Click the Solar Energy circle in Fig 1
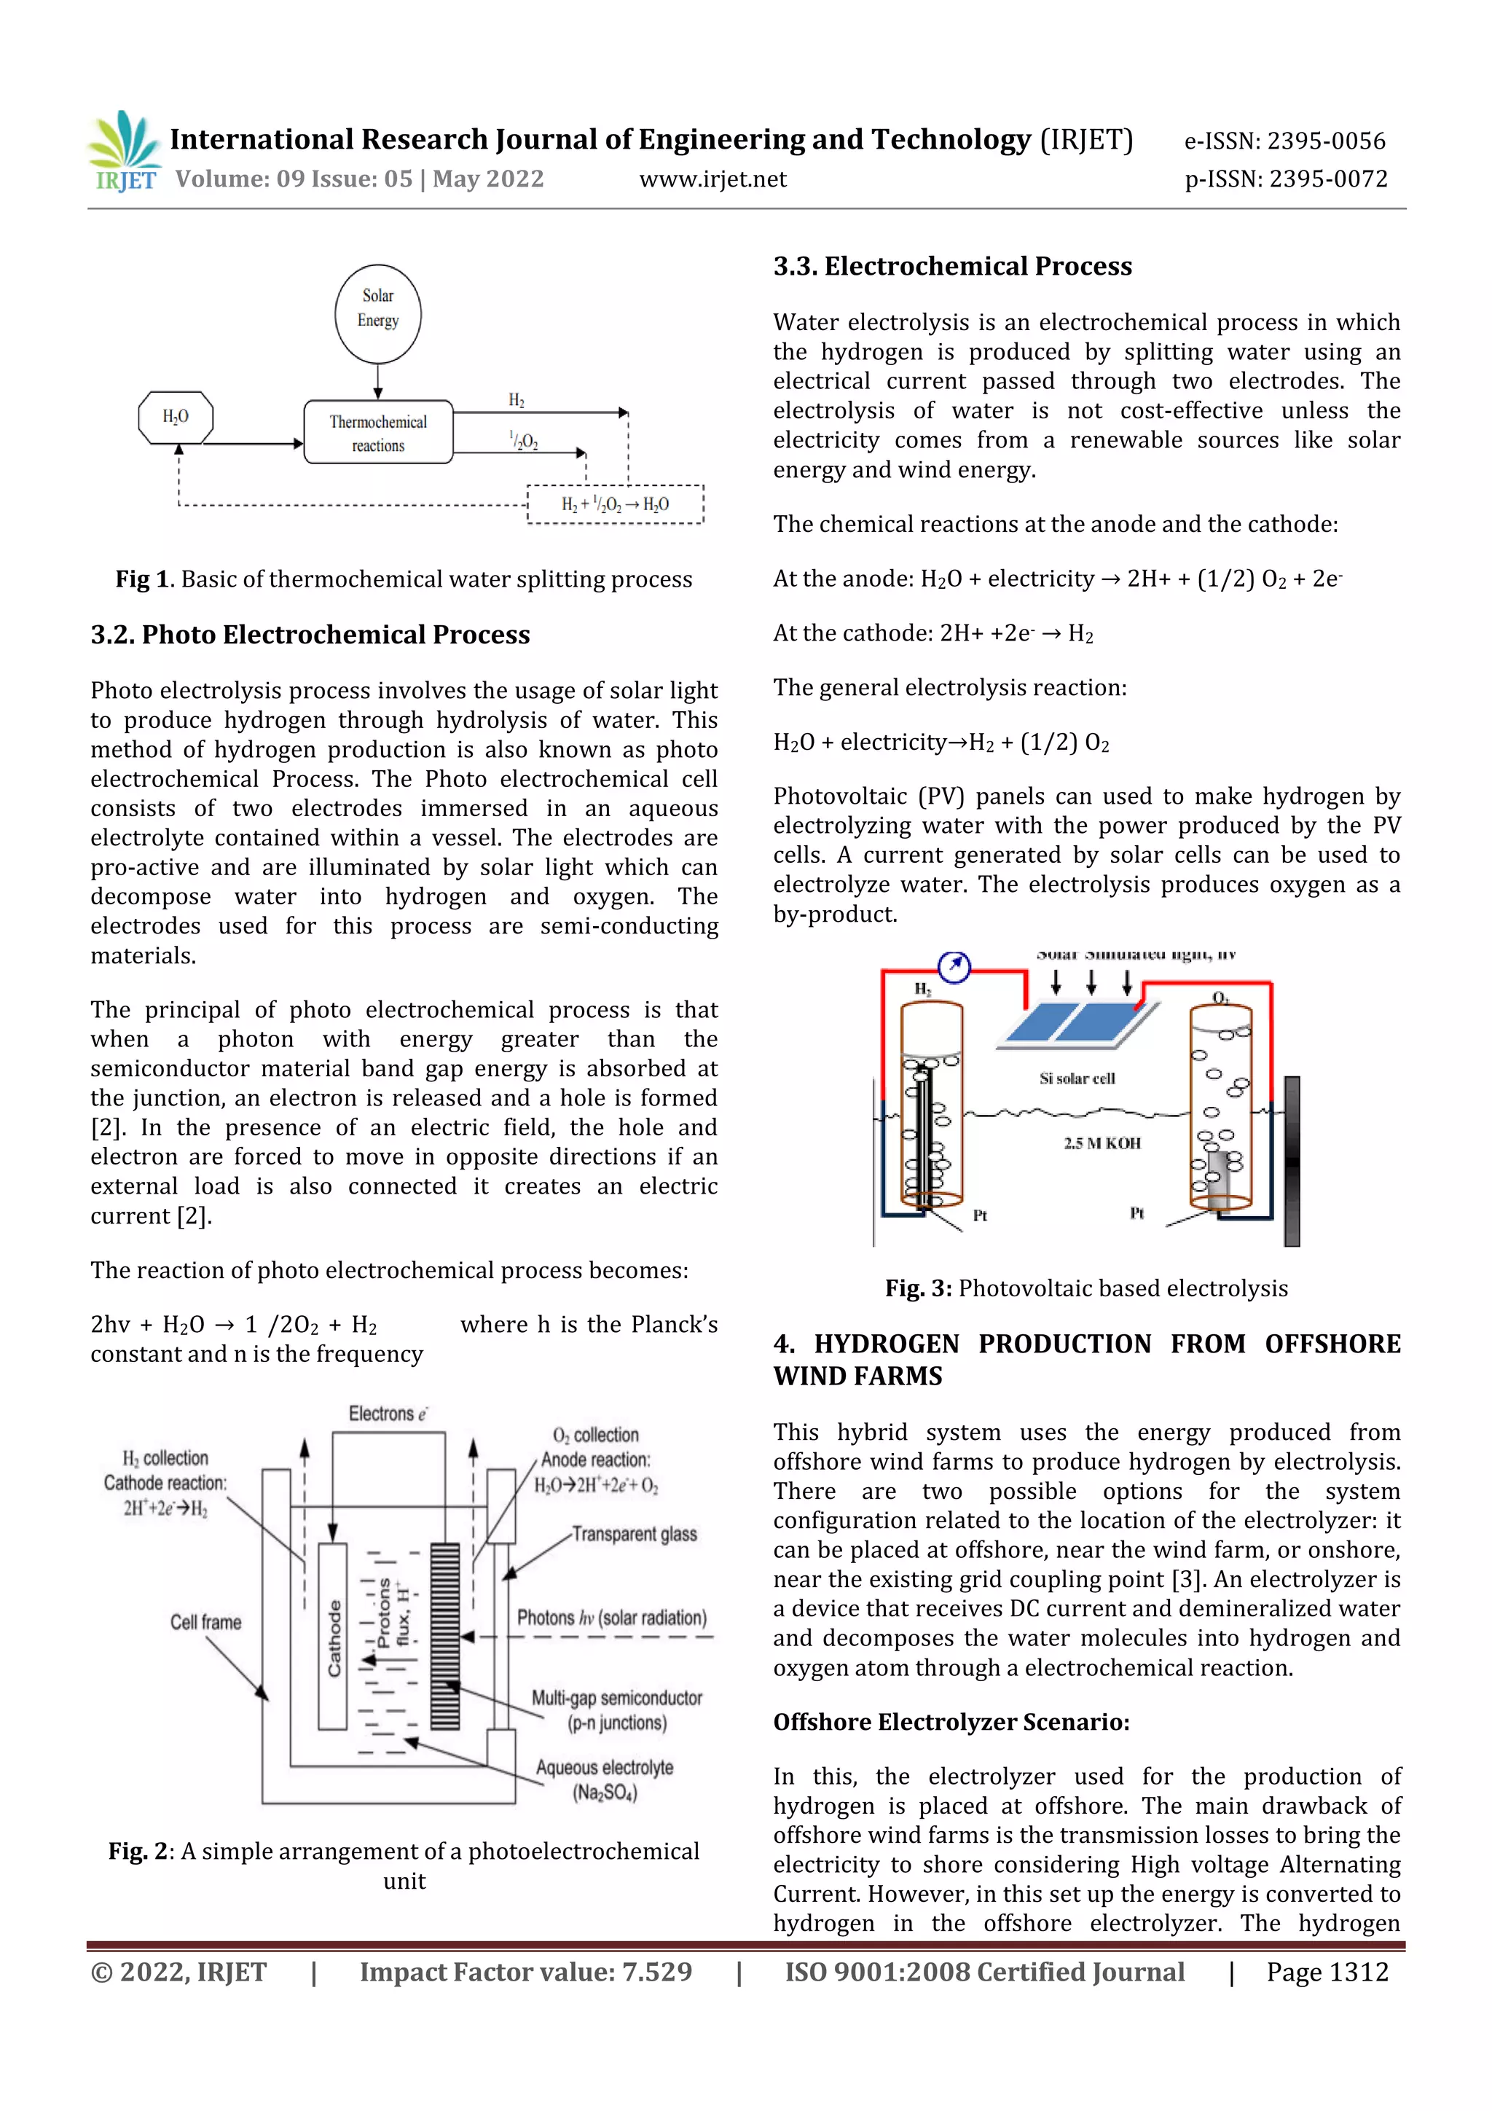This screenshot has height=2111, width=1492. coord(378,313)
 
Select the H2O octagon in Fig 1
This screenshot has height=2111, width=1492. coord(176,418)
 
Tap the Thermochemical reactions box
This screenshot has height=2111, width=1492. coord(378,432)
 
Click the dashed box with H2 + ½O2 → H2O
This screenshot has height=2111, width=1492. coord(615,504)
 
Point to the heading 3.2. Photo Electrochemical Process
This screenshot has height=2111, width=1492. coord(310,635)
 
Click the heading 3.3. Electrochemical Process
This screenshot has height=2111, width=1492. coord(952,267)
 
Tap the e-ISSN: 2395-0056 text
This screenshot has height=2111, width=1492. coord(1284,141)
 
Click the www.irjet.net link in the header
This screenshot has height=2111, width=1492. coord(712,179)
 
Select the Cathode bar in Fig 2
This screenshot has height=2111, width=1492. coord(333,1637)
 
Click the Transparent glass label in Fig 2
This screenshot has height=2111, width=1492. coord(635,1534)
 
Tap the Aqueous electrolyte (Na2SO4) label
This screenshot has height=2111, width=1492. coord(604,1779)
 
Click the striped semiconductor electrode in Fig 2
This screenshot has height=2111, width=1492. coord(445,1636)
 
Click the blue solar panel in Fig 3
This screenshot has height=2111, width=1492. coord(1077,1023)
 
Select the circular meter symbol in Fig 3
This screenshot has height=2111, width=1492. coord(954,966)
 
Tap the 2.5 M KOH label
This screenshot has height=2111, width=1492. coord(1102,1143)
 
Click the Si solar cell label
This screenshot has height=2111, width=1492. coord(1077,1078)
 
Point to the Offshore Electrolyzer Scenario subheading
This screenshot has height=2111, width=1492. coord(951,1722)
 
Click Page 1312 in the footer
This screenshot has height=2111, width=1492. coord(1327,1972)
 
